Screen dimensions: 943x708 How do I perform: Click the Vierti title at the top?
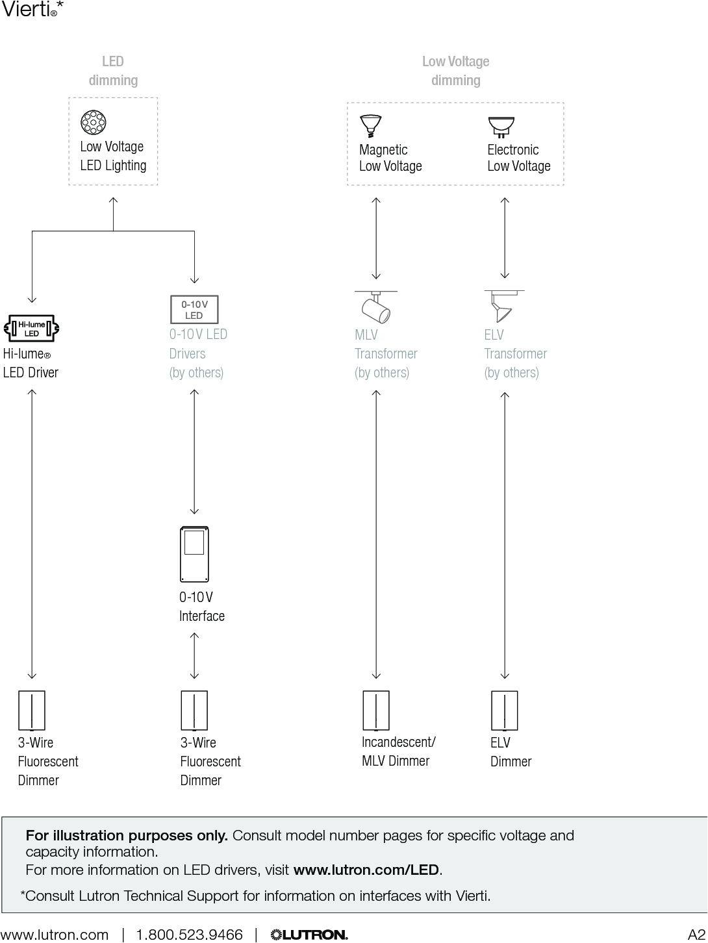click(29, 9)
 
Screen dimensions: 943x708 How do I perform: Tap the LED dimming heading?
click(113, 71)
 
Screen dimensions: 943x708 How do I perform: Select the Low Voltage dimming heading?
click(455, 71)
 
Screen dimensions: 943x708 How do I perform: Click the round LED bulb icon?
click(94, 122)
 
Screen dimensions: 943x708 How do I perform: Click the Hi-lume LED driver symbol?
click(32, 329)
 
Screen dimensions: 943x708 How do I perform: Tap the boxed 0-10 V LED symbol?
click(194, 310)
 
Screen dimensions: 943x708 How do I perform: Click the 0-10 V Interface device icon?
click(194, 554)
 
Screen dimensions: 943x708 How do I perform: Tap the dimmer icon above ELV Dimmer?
click(504, 710)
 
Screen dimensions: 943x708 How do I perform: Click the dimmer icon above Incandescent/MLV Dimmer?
click(375, 710)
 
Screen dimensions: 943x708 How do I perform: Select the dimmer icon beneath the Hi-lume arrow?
click(32, 710)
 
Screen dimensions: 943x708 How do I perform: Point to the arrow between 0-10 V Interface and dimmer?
click(194, 655)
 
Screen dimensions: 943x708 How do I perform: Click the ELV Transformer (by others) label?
click(515, 354)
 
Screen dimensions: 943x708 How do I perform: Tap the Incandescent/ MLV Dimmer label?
click(398, 751)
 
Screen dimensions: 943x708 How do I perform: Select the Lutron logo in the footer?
click(309, 935)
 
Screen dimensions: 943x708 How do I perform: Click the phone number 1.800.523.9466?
click(189, 935)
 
